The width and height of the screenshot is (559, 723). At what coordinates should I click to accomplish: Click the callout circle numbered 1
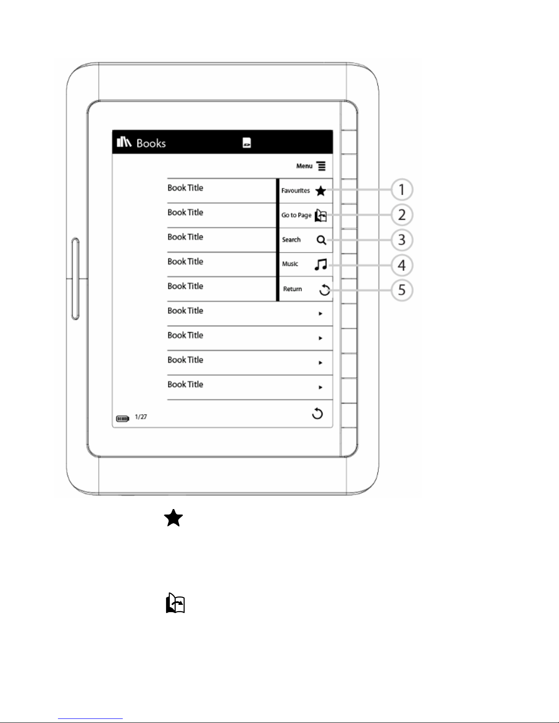(x=402, y=190)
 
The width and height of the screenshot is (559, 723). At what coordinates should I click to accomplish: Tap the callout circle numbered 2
(x=402, y=215)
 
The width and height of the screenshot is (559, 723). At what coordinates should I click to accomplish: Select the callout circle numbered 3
(x=402, y=240)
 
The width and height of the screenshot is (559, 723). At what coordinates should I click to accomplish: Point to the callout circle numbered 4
(x=402, y=265)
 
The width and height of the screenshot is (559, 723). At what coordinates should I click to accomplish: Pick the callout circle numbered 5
(x=402, y=290)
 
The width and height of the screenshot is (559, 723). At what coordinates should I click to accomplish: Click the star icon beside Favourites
(x=321, y=191)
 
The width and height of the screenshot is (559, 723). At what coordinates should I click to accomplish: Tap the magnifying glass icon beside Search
(x=321, y=240)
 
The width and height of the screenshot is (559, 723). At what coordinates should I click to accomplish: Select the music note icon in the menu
(x=321, y=265)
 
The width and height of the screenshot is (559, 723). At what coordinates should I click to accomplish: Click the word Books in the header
(x=151, y=143)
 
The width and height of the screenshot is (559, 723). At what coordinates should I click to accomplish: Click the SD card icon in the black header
(x=246, y=143)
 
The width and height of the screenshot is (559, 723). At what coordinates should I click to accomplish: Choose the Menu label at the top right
(x=304, y=166)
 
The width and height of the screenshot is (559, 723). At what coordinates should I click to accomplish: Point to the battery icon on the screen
(x=123, y=418)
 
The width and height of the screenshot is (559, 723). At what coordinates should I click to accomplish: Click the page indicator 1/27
(x=141, y=417)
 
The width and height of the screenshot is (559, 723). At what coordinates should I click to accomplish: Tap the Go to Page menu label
(x=296, y=215)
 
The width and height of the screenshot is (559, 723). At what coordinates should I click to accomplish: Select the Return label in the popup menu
(x=293, y=289)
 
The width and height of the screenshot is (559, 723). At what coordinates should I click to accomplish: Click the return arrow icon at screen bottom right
(x=317, y=414)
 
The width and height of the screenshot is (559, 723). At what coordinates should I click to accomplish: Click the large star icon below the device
(x=173, y=519)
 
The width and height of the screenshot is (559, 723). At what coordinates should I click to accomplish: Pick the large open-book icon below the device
(x=175, y=603)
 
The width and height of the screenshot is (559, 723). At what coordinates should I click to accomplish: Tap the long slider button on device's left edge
(x=75, y=278)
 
